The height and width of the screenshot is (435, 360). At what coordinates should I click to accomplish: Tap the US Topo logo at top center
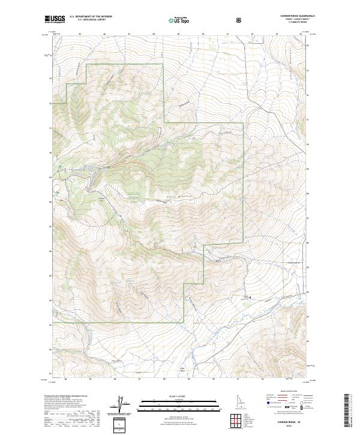179,20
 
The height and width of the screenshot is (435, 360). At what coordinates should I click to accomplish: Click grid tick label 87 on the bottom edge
139,379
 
